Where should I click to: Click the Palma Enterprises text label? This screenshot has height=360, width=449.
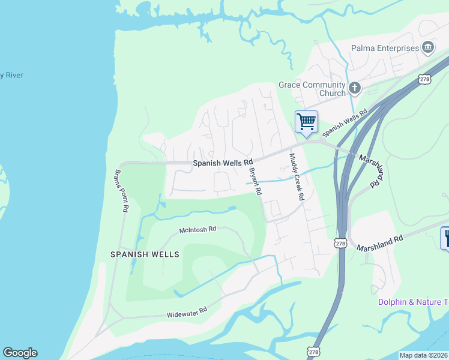385,48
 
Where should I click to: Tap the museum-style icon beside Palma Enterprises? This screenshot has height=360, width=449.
428,47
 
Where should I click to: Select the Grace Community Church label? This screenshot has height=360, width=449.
312,89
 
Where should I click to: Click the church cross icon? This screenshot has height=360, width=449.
354,89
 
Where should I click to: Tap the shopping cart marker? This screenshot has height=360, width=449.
306,121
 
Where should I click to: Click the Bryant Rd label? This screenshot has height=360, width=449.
255,181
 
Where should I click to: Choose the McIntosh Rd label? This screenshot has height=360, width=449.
197,230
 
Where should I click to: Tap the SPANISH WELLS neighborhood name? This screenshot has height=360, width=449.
145,254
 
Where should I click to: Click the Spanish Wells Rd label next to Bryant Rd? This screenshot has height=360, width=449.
222,163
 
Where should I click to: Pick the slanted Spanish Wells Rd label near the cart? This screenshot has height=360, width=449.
345,124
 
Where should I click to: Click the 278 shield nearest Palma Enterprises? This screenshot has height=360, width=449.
426,79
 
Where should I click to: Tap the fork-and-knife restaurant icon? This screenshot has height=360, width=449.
445,238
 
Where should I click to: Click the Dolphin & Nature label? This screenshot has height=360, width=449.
413,301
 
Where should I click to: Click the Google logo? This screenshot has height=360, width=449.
20,353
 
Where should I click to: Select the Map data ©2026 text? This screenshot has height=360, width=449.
423,355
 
